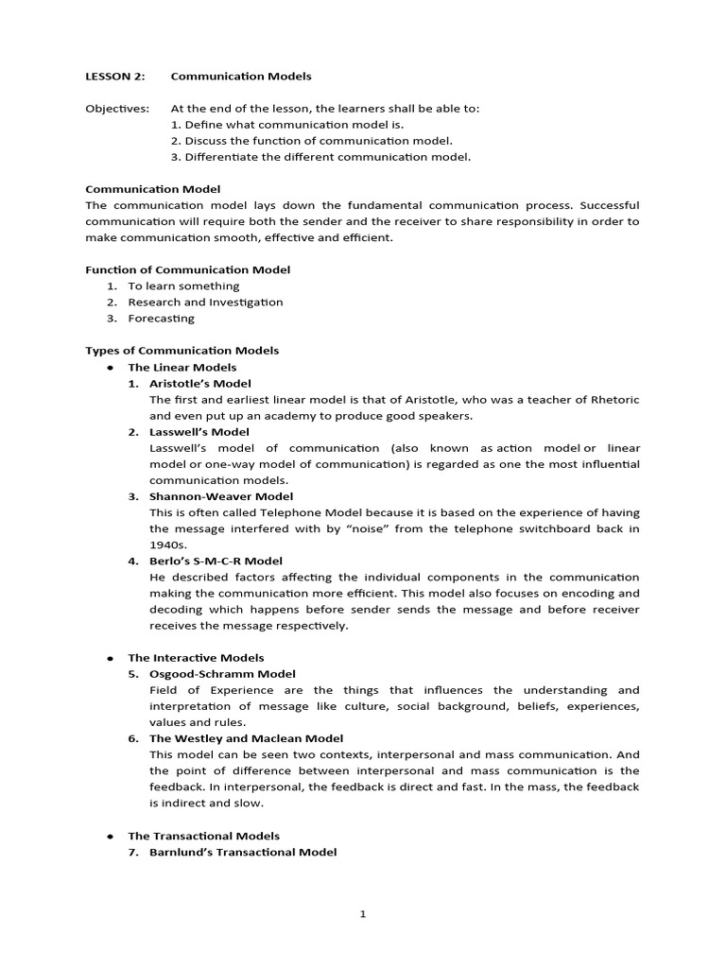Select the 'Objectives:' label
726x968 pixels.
tap(117, 109)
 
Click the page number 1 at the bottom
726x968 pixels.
tap(363, 913)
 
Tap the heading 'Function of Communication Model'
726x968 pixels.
tap(188, 269)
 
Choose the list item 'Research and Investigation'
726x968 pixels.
tap(205, 302)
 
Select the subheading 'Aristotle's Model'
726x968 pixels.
tap(200, 383)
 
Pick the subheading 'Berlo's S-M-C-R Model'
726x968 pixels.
tap(216, 561)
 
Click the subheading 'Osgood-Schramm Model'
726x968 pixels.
tap(222, 674)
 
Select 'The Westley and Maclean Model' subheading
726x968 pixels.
tap(246, 738)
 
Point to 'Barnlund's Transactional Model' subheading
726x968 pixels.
tap(243, 852)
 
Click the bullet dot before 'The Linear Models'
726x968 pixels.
tap(111, 368)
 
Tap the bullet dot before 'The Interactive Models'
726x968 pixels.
tap(111, 658)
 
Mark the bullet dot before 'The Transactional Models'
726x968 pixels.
tap(111, 837)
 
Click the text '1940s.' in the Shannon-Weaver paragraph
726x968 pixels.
tap(167, 544)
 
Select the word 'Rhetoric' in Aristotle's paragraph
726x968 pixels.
tap(615, 400)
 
